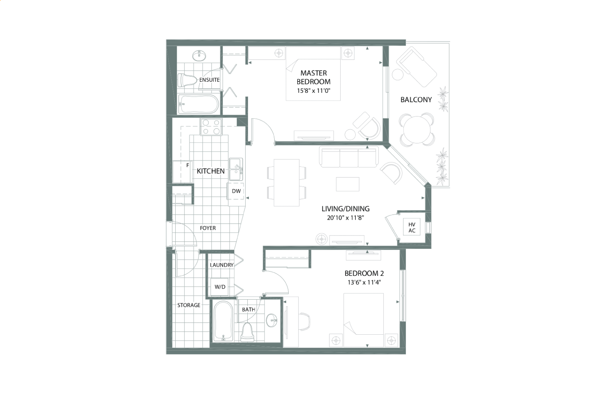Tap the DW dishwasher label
[236, 191]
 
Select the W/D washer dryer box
[220, 287]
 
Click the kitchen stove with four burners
[211, 127]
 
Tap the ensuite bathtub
[199, 104]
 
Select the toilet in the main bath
[247, 332]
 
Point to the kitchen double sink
[236, 169]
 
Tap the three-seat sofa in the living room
[349, 157]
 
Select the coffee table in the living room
[348, 184]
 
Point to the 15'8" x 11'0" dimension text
[314, 91]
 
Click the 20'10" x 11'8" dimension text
[345, 218]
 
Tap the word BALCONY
[416, 100]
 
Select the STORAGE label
[189, 305]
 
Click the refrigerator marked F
[183, 172]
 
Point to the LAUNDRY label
[222, 265]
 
